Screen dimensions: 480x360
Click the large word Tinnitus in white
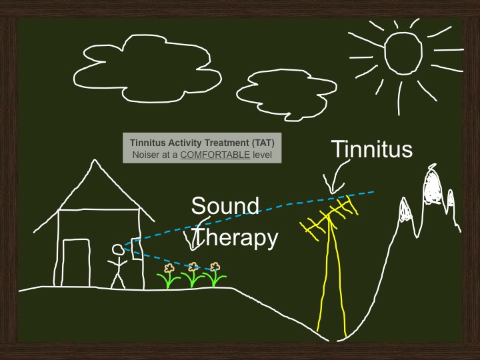click(x=371, y=149)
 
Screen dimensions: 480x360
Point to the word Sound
click(x=225, y=205)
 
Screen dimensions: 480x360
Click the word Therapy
click(x=236, y=237)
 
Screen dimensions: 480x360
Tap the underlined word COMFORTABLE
click(x=215, y=155)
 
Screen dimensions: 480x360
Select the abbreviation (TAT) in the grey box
click(x=263, y=143)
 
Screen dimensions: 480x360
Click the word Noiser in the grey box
click(x=143, y=155)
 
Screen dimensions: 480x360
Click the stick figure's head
click(x=117, y=249)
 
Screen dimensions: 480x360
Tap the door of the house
click(x=63, y=263)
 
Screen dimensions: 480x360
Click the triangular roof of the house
click(x=94, y=161)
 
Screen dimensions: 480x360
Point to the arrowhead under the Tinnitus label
click(x=332, y=191)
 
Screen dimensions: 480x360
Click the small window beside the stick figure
click(x=133, y=249)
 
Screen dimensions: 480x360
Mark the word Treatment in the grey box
click(x=227, y=143)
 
